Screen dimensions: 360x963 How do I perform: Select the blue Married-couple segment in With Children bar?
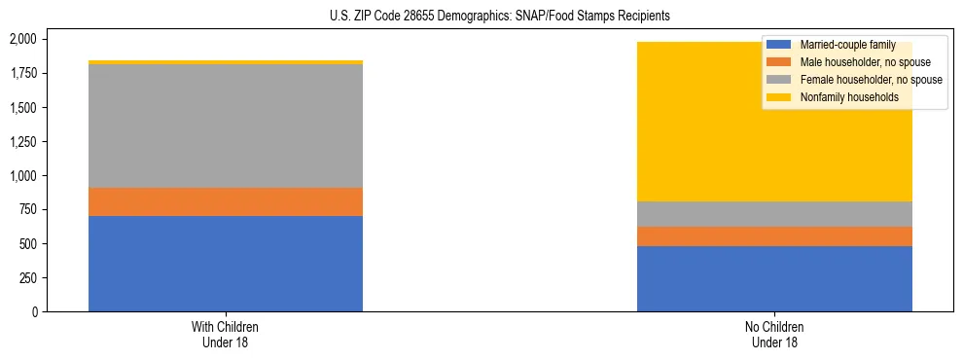pyautogui.click(x=226, y=264)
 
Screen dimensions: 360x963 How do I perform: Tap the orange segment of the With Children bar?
pyautogui.click(x=226, y=201)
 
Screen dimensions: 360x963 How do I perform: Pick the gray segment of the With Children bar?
pyautogui.click(x=226, y=126)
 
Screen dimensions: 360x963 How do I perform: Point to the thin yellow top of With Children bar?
pyautogui.click(x=226, y=62)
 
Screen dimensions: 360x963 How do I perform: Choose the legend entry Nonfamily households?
pyautogui.click(x=841, y=97)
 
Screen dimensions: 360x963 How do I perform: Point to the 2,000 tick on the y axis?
pyautogui.click(x=23, y=39)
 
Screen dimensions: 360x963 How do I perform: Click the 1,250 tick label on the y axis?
pyautogui.click(x=23, y=141)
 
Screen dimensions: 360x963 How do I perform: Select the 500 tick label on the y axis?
pyautogui.click(x=29, y=243)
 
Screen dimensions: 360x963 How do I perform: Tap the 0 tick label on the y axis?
pyautogui.click(x=36, y=311)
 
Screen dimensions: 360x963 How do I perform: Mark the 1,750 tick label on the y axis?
pyautogui.click(x=23, y=73)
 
